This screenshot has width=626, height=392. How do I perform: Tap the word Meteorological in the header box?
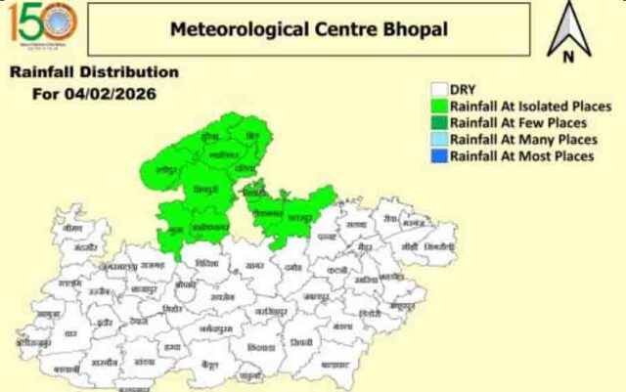[x=230, y=28]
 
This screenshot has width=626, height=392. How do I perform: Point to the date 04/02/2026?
[x=108, y=94]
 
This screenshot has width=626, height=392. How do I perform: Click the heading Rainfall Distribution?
[x=94, y=73]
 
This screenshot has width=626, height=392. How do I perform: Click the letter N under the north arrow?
[x=567, y=56]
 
